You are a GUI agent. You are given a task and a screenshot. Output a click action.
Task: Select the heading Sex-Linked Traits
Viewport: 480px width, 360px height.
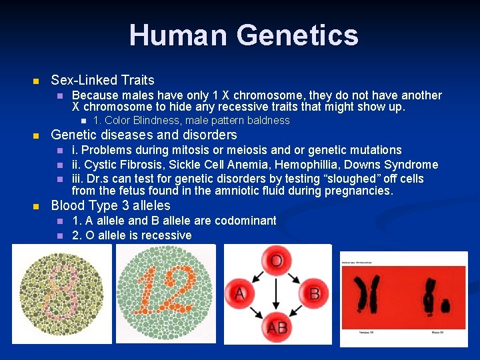click(103, 80)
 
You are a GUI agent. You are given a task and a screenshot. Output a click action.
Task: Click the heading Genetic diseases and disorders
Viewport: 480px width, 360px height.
click(144, 135)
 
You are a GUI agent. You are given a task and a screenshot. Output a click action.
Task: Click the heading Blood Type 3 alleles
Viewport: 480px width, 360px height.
click(111, 206)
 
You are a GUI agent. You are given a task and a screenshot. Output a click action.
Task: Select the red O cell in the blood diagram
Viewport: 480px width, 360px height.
click(276, 259)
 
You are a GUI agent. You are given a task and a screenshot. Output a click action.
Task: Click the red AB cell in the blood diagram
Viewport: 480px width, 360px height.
click(277, 327)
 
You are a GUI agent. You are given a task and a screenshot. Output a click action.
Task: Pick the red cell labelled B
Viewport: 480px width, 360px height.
click(314, 293)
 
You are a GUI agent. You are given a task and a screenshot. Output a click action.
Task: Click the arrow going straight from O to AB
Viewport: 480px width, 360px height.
click(277, 293)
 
